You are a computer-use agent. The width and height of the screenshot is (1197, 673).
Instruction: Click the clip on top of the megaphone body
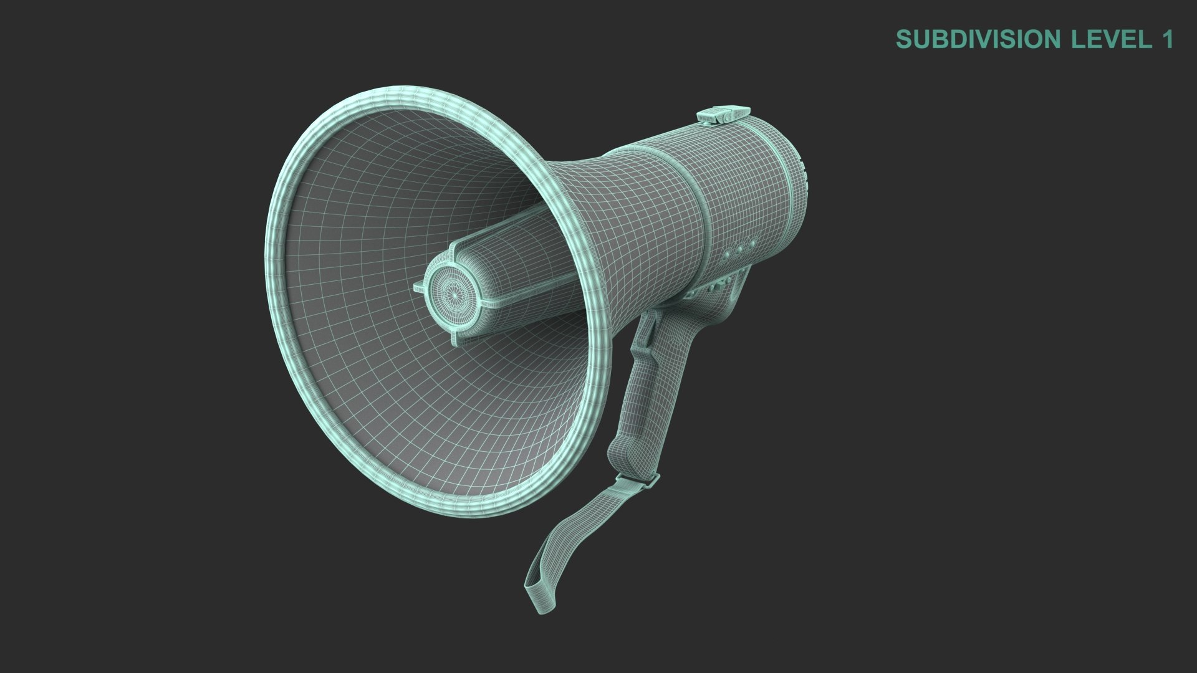[723, 114]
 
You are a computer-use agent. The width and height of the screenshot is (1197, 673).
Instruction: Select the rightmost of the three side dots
[752, 244]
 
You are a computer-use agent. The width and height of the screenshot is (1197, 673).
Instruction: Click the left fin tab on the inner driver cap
[420, 288]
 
